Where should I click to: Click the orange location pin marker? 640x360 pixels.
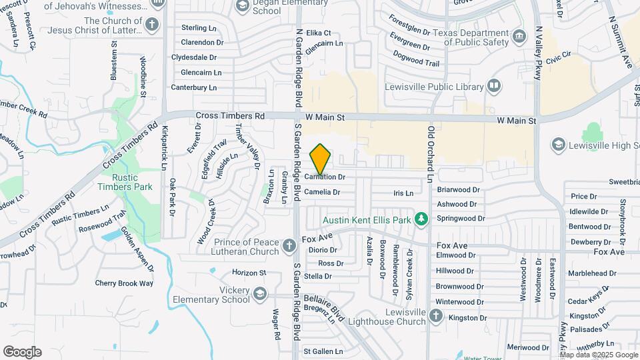(321, 159)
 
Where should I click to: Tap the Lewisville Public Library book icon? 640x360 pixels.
(493, 85)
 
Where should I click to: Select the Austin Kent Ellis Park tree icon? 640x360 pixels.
(421, 219)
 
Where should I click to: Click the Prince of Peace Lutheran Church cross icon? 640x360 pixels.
(289, 246)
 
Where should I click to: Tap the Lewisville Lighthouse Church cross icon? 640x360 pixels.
(435, 317)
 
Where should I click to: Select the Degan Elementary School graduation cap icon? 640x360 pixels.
(243, 6)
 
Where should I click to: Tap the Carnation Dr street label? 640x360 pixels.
(325, 177)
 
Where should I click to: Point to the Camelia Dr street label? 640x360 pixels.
(322, 192)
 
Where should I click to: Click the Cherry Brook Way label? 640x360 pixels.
(124, 283)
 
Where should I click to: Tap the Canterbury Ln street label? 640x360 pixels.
(194, 87)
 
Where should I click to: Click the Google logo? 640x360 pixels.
(22, 352)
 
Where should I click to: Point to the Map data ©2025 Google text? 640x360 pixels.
(599, 355)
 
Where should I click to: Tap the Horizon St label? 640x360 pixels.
(249, 273)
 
